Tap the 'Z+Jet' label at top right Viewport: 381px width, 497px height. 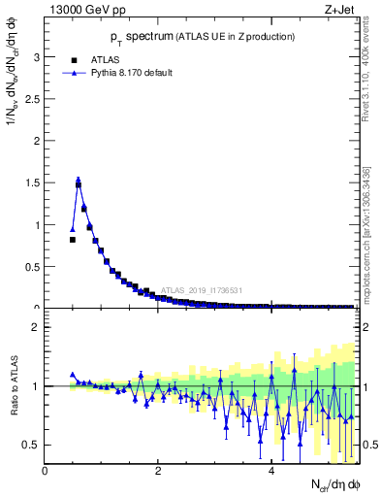338,11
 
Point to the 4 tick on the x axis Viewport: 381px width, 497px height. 270,473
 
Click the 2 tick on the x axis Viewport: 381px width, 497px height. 158,473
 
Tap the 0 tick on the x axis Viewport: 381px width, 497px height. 46,473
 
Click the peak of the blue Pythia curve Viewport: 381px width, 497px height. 79,180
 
